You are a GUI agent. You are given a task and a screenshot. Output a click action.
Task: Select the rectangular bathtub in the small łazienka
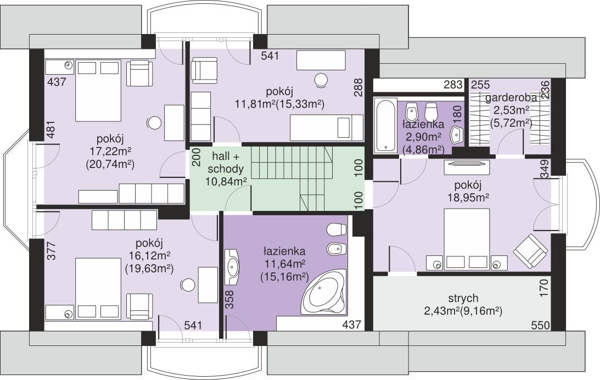point(385,126)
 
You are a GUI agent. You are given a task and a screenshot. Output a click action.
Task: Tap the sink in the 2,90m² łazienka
point(457,135)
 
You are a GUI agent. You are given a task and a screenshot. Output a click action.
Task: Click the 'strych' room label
point(463,298)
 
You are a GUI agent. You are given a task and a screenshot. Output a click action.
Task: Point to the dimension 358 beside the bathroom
point(229,300)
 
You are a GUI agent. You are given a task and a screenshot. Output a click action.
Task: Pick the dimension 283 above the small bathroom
point(453,84)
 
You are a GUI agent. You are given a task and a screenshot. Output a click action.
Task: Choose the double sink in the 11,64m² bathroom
point(232,267)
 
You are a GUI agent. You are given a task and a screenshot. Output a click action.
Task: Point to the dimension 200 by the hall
point(197,157)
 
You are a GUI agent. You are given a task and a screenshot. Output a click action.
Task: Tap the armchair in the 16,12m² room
point(139,306)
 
